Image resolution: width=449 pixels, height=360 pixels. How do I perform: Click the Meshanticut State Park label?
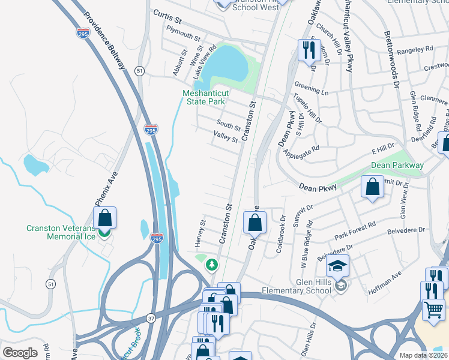(x=204, y=97)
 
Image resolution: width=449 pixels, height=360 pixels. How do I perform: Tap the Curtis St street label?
(x=167, y=14)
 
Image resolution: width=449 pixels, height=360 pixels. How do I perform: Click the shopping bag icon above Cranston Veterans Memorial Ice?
(x=104, y=218)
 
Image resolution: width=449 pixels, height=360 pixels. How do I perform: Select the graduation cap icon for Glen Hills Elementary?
(x=338, y=265)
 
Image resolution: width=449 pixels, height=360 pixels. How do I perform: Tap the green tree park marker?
(x=211, y=264)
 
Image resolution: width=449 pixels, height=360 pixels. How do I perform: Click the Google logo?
(x=20, y=353)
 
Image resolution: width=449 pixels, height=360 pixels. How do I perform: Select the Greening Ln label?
(x=311, y=89)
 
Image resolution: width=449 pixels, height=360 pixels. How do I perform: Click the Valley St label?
(x=226, y=138)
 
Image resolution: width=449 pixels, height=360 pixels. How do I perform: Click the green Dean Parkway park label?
(x=397, y=165)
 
